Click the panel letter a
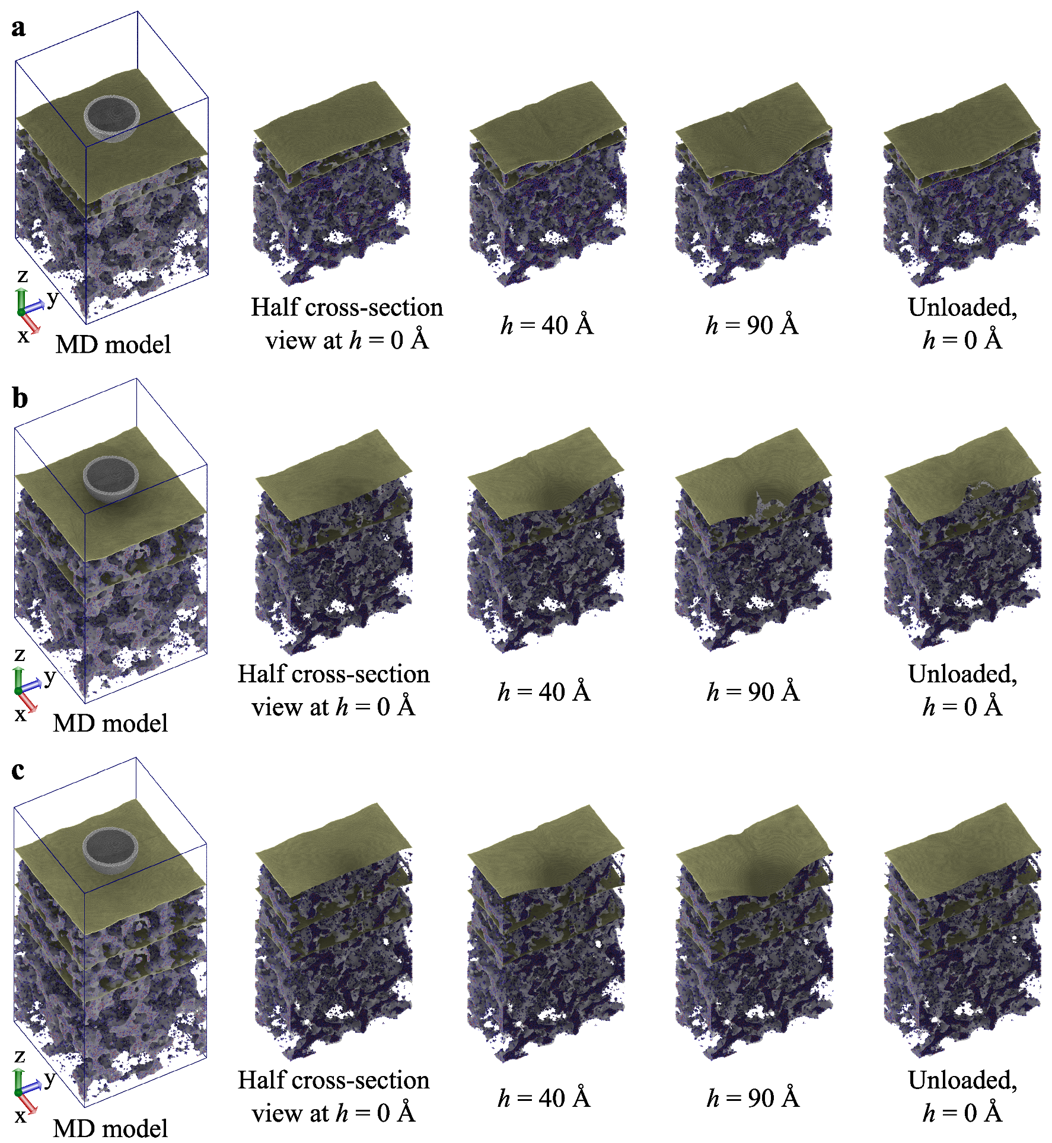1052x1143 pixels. point(18,28)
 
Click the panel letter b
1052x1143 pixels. point(20,398)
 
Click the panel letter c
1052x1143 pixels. point(18,770)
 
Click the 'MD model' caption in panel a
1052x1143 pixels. point(113,344)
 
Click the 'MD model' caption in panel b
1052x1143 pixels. point(110,723)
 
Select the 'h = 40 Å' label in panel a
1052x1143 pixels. point(547,325)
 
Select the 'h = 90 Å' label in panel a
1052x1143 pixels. point(752,325)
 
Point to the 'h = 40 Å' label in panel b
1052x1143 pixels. point(544,692)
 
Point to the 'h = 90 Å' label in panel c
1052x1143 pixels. point(753,1098)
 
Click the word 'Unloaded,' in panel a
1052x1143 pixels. point(962,307)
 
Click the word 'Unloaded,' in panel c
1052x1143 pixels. point(962,1080)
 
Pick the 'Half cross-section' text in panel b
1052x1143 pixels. point(333,674)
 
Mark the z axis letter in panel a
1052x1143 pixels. point(23,276)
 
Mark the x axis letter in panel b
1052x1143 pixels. point(20,714)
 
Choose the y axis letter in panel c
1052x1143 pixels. point(50,1078)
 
